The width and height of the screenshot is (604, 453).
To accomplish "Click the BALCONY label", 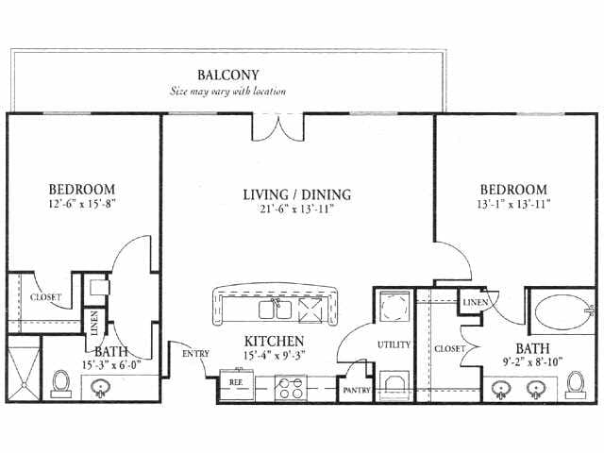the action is pyautogui.click(x=228, y=75).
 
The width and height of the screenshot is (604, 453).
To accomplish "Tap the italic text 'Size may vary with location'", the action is pyautogui.click(x=228, y=92).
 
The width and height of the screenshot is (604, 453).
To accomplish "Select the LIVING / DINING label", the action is pyautogui.click(x=297, y=194).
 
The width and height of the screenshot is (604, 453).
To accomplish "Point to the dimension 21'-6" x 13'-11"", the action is pyautogui.click(x=296, y=209).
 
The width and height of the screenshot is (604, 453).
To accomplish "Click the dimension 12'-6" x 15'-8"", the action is pyautogui.click(x=82, y=204).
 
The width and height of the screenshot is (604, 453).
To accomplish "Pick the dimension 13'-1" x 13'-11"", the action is pyautogui.click(x=513, y=204).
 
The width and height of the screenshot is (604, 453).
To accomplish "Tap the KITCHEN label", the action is pyautogui.click(x=275, y=341).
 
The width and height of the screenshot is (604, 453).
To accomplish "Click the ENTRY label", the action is pyautogui.click(x=195, y=353).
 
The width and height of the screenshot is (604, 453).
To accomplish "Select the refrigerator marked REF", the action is pyautogui.click(x=237, y=385).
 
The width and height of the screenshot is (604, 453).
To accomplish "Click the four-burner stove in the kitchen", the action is pyautogui.click(x=291, y=388).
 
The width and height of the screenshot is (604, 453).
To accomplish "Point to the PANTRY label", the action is pyautogui.click(x=357, y=390).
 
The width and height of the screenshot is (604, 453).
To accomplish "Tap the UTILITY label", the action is pyautogui.click(x=394, y=344).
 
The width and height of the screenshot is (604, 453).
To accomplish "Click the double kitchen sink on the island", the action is pyautogui.click(x=275, y=310).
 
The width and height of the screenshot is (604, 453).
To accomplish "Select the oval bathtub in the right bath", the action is pyautogui.click(x=562, y=311).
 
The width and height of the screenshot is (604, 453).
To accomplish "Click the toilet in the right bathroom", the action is pyautogui.click(x=576, y=384).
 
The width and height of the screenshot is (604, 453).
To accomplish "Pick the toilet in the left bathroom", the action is pyautogui.click(x=60, y=384).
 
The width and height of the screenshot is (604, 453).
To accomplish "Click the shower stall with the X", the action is pyautogui.click(x=24, y=369).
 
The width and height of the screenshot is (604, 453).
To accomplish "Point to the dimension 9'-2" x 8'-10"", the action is pyautogui.click(x=532, y=362).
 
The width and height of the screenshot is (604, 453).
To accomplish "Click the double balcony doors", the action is pyautogui.click(x=278, y=127).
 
